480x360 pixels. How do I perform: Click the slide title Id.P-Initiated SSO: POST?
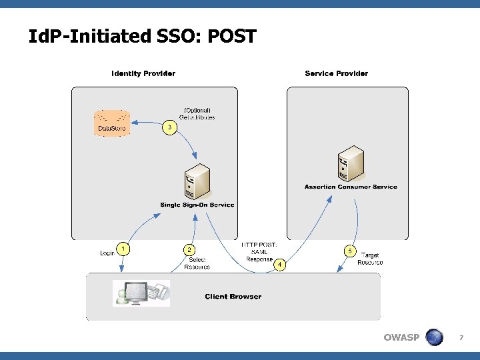[142, 37]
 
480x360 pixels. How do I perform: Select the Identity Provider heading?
[143, 73]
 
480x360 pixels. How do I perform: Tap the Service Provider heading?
[336, 73]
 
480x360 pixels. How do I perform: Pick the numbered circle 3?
[171, 127]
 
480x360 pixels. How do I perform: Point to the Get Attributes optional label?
[197, 114]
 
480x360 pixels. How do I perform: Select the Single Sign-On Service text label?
[197, 205]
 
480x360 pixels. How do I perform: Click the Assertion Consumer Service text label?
[351, 187]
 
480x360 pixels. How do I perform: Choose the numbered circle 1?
[123, 249]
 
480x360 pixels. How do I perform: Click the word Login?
[107, 253]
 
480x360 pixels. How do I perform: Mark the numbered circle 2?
[190, 249]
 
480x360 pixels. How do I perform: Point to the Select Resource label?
[197, 263]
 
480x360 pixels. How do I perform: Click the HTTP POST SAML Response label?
[259, 252]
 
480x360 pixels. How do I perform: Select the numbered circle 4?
[280, 265]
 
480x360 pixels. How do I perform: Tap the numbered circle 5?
[350, 251]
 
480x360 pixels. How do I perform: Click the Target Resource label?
[370, 259]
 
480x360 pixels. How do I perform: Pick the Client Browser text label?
[233, 297]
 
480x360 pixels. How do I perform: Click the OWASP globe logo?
[434, 337]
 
